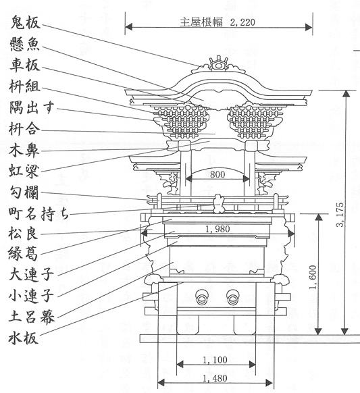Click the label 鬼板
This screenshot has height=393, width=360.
25,22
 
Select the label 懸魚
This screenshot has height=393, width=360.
25,44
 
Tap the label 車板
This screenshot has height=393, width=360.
25,65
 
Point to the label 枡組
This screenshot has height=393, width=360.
24,86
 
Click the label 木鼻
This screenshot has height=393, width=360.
24,151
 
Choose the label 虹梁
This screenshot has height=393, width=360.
24,172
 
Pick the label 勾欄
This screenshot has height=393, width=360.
24,192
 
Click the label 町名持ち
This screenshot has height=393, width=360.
38,214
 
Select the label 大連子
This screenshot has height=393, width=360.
31,273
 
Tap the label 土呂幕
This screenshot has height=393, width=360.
31,316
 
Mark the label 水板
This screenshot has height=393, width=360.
24,338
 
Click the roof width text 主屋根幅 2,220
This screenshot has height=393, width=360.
217,22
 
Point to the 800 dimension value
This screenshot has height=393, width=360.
217,174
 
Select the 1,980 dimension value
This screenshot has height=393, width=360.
217,229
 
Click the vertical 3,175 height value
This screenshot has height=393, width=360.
340,214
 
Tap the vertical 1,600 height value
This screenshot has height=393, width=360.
313,278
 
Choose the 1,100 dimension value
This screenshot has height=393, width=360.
215,360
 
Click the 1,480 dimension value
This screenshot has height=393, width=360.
215,378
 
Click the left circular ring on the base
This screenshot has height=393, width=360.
202,297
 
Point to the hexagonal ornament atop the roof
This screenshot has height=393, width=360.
219,64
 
